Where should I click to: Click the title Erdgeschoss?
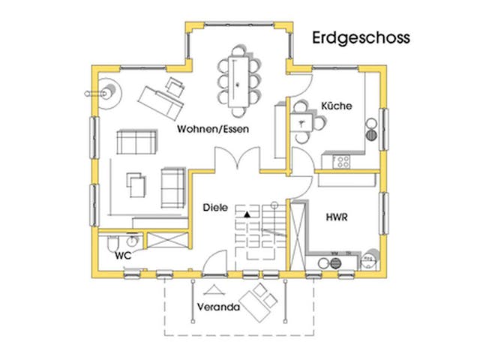(360, 37)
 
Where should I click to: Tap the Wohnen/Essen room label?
(213, 129)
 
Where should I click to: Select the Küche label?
(336, 106)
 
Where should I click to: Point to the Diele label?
(214, 204)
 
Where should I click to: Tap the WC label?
(123, 255)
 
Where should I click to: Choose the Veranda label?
(218, 307)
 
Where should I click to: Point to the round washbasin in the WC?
(132, 241)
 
